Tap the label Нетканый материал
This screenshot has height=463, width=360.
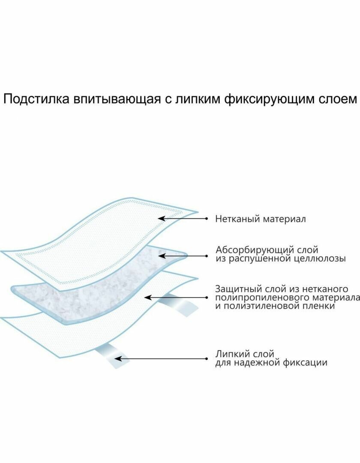[261, 219]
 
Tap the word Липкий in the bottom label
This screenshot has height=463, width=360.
[230, 354]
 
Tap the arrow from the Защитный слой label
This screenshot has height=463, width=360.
[176, 297]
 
